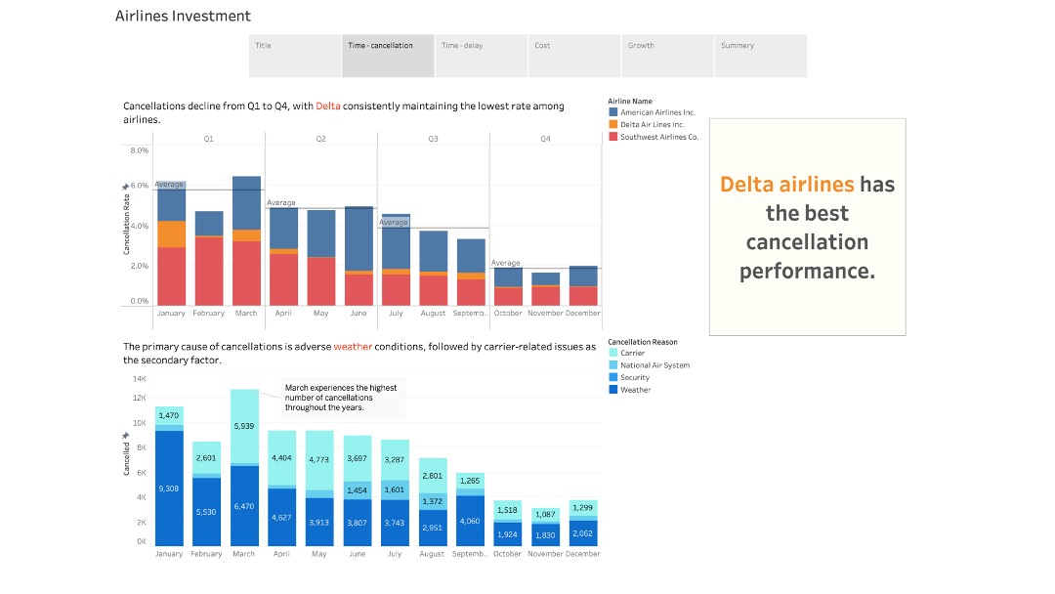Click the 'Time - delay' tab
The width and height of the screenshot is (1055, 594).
481,56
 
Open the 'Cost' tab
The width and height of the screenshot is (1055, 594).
573,56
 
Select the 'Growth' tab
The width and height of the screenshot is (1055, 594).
666,56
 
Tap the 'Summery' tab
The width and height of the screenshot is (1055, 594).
759,56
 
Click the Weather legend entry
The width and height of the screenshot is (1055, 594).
635,390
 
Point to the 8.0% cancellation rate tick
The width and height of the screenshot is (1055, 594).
139,150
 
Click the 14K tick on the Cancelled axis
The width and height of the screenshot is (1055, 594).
139,378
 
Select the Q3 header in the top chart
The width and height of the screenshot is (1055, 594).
433,140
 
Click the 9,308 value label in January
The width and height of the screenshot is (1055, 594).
169,488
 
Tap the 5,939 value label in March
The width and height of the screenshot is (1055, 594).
244,427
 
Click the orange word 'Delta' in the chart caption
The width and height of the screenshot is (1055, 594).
328,106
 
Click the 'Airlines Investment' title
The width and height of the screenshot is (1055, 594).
183,16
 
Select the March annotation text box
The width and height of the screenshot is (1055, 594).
343,399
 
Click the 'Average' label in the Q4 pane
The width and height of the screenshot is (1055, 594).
505,263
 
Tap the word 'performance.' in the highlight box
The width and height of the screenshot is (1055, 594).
807,271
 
